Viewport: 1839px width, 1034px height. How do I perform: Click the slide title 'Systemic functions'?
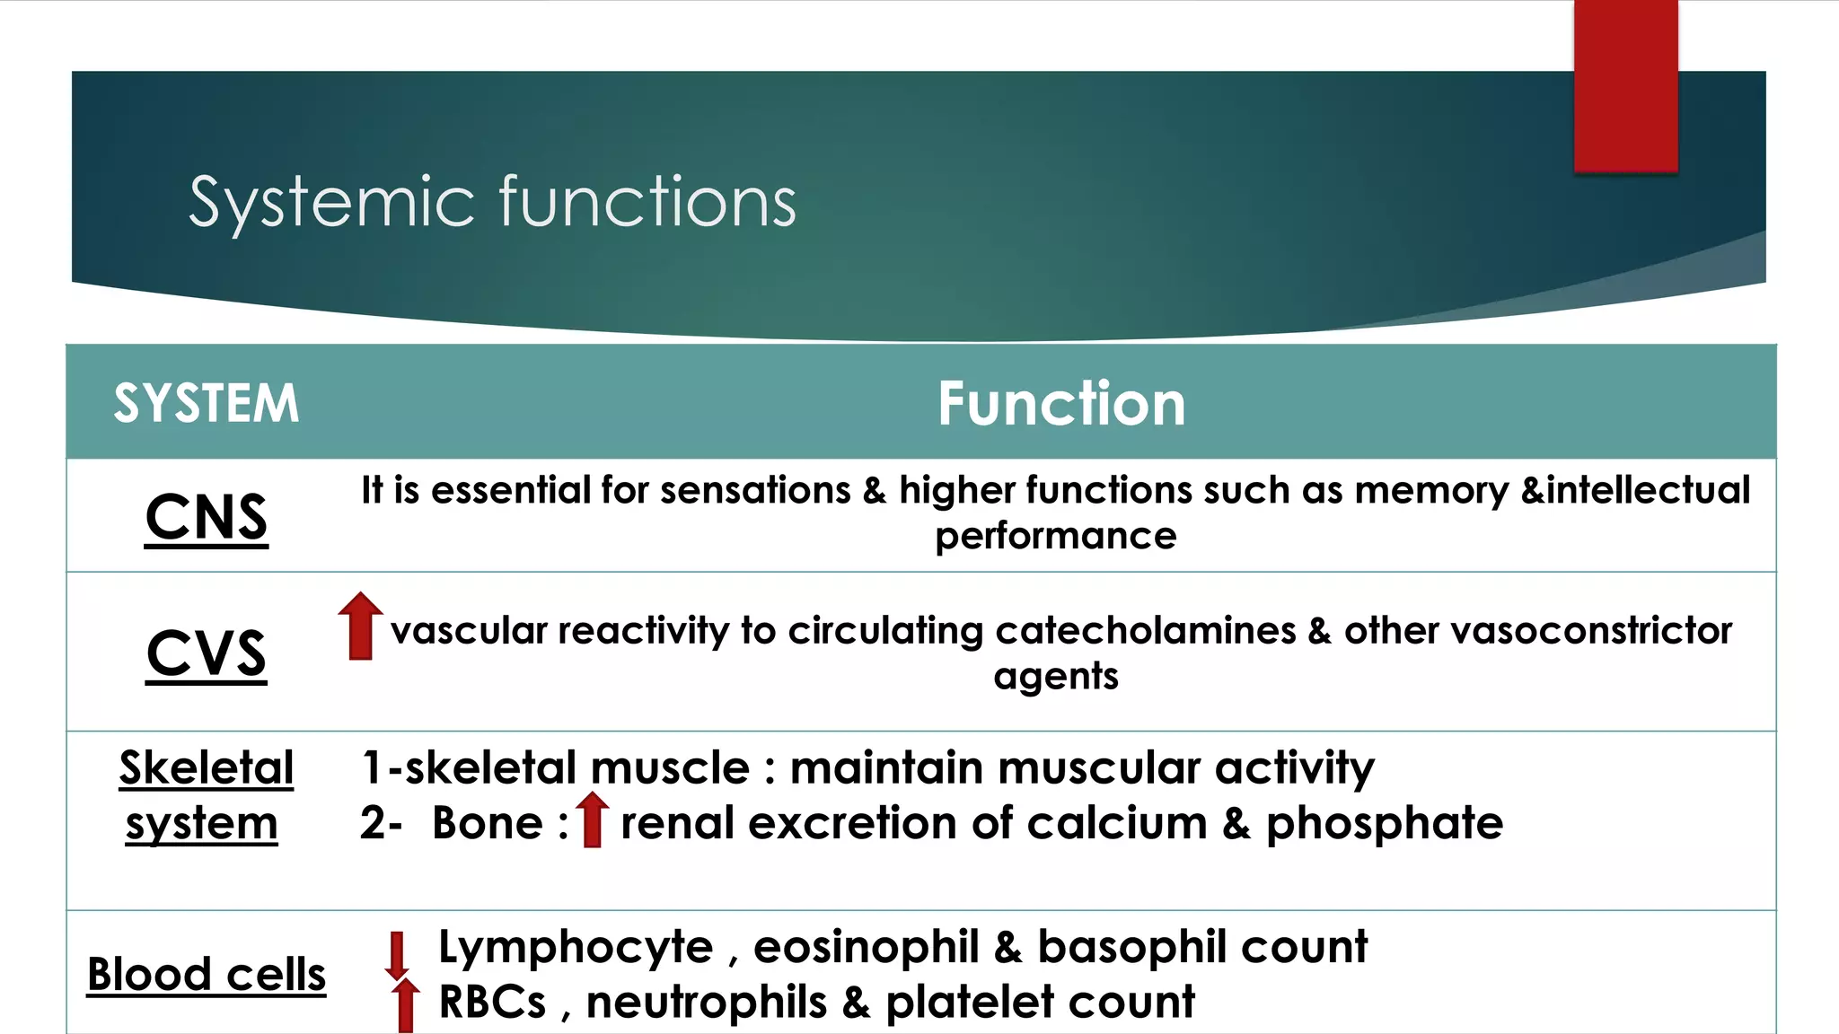click(x=492, y=202)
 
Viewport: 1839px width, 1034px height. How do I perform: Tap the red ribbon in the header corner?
click(x=1625, y=85)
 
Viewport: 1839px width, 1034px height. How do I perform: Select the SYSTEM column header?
click(x=206, y=403)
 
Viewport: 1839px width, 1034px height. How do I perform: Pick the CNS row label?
click(x=207, y=517)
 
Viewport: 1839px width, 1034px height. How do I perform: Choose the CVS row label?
click(x=207, y=653)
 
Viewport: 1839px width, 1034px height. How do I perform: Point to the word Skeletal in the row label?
click(x=207, y=768)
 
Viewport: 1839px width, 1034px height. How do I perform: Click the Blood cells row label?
click(x=207, y=975)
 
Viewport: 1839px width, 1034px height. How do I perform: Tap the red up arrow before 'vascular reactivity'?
click(x=360, y=627)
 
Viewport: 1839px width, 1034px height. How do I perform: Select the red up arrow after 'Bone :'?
click(x=592, y=819)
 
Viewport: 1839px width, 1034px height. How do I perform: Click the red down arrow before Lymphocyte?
click(x=397, y=955)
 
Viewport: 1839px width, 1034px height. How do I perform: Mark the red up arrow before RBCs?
click(x=406, y=1005)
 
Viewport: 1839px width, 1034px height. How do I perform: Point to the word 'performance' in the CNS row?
click(x=1055, y=537)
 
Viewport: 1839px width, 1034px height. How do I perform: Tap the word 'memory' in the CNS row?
click(x=1431, y=491)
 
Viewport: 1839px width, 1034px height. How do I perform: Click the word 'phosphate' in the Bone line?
click(x=1384, y=823)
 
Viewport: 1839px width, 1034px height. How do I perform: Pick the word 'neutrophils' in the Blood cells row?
click(x=706, y=1003)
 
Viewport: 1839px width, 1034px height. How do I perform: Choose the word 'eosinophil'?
click(x=866, y=948)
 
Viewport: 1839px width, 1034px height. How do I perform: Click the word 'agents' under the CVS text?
click(x=1055, y=676)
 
